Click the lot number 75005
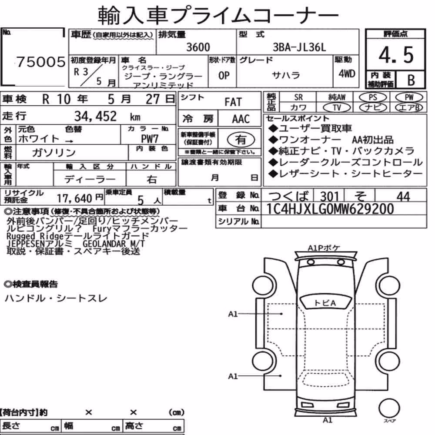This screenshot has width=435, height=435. [x=41, y=62]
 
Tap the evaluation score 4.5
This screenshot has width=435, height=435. [x=396, y=55]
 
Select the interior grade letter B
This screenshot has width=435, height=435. [x=411, y=80]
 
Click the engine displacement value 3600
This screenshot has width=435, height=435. [x=198, y=47]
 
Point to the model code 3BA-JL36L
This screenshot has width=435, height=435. [x=299, y=47]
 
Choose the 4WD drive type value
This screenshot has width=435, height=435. [x=347, y=74]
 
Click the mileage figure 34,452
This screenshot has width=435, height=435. [x=95, y=116]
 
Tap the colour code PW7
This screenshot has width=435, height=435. [x=150, y=138]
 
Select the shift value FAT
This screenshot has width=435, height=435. [x=233, y=102]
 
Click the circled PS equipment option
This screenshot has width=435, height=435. [x=373, y=97]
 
